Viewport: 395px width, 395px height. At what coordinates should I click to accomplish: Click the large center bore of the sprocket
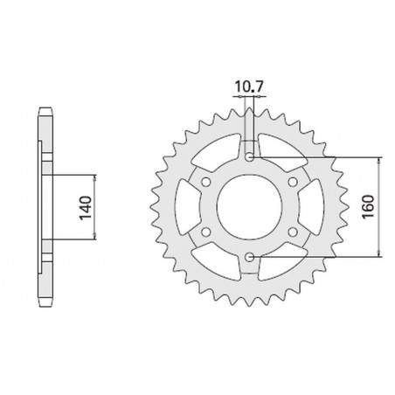click(x=251, y=207)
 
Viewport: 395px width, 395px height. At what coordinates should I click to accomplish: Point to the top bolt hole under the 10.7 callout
click(x=251, y=157)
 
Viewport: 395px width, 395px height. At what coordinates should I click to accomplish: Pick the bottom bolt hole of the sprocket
click(x=251, y=257)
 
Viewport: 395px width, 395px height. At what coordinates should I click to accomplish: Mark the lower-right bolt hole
click(x=294, y=232)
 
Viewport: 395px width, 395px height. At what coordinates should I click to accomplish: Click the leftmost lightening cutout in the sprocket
click(x=186, y=207)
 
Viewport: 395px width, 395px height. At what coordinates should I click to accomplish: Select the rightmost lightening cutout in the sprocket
click(x=315, y=207)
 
